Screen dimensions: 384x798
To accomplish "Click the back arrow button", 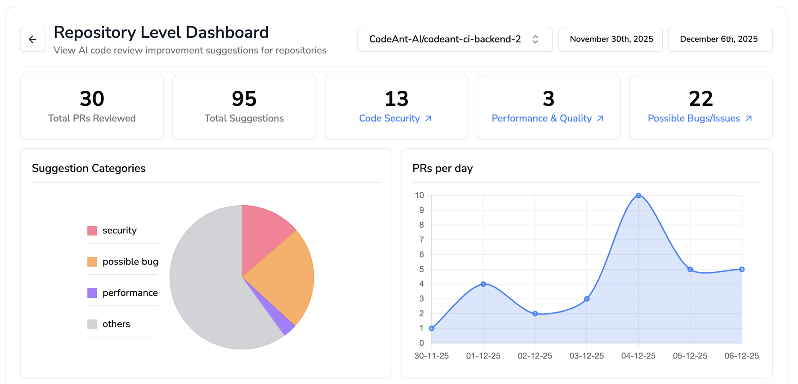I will (x=32, y=39).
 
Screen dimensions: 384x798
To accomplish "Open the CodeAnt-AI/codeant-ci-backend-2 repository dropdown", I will (x=454, y=39).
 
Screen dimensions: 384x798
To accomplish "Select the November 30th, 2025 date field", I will (x=611, y=39).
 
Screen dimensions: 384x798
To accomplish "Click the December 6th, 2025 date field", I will (x=720, y=39).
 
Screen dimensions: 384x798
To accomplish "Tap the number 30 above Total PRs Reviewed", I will (x=92, y=99).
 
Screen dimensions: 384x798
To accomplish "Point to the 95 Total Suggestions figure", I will (x=244, y=99).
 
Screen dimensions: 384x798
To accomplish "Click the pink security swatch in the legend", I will (x=92, y=231).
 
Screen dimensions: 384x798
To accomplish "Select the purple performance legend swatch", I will (x=92, y=293).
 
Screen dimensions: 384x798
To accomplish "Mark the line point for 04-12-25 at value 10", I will (x=638, y=196).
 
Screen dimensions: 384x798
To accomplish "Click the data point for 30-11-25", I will (x=432, y=328).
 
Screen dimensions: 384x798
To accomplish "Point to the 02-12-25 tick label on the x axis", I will (x=535, y=356).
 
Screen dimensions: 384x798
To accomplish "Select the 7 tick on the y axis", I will (x=421, y=240).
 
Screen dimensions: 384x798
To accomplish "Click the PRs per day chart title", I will (x=442, y=169).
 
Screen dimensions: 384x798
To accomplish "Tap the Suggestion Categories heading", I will (x=89, y=169).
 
